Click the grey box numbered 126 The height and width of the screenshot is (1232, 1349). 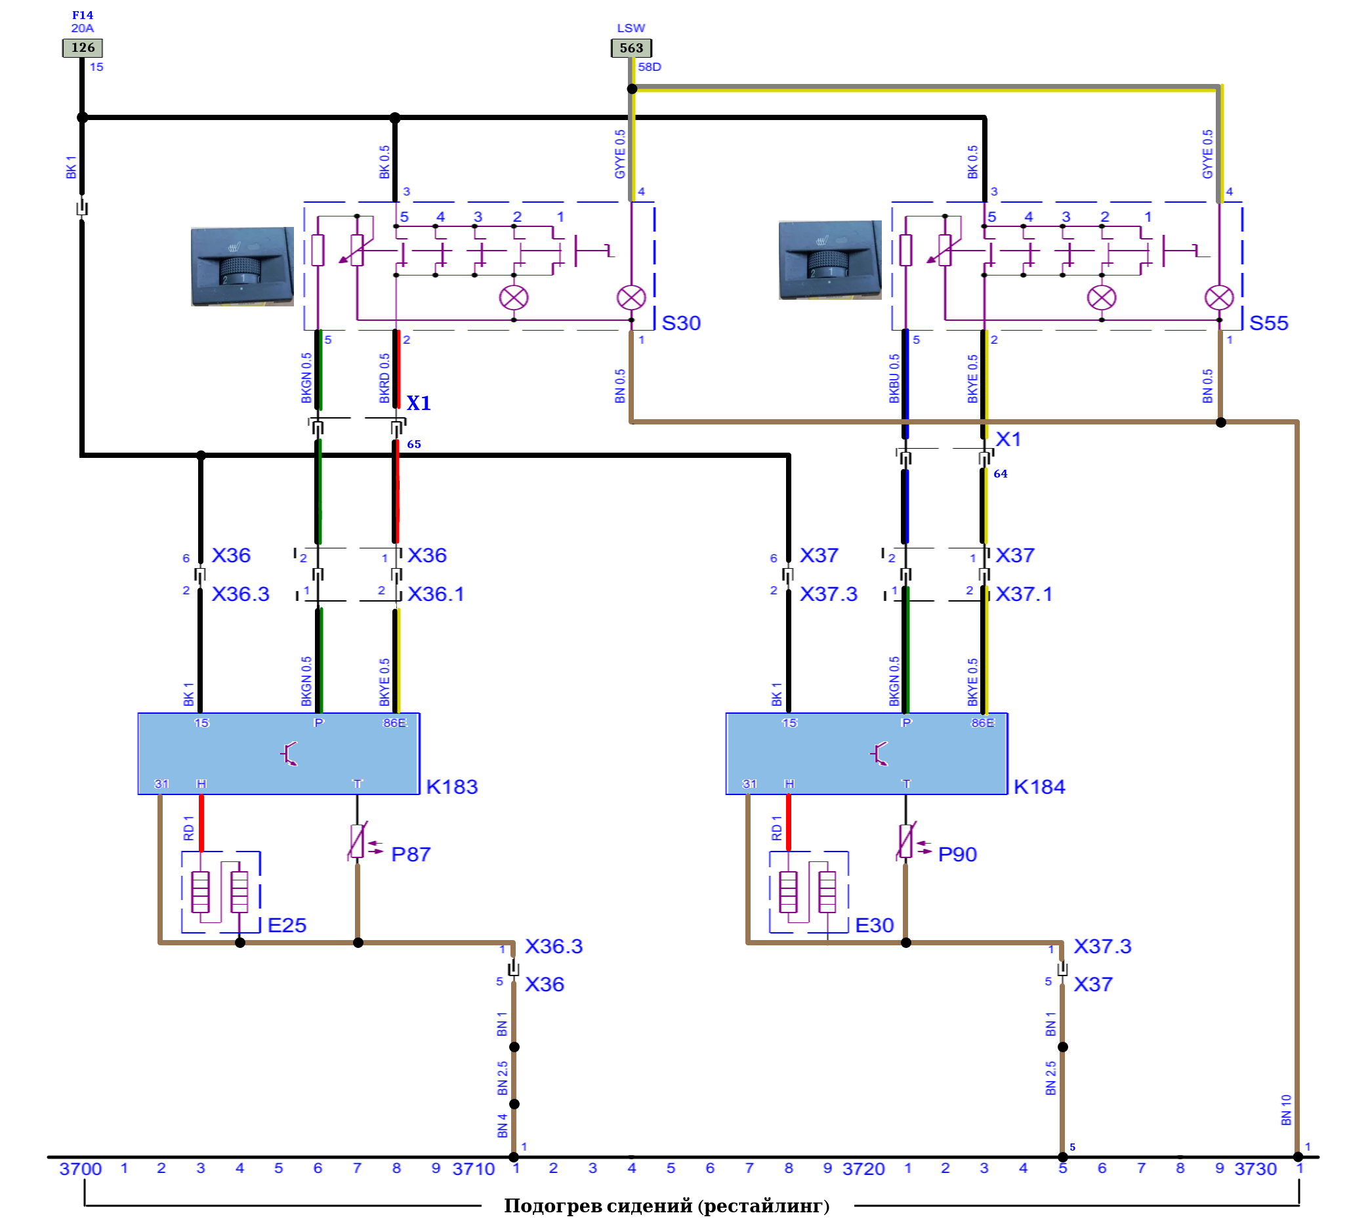pyautogui.click(x=82, y=47)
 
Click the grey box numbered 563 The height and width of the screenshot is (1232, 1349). pyautogui.click(x=631, y=48)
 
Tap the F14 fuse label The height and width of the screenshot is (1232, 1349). pyautogui.click(x=83, y=14)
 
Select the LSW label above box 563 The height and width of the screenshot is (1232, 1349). pyautogui.click(x=631, y=28)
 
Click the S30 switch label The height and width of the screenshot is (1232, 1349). pyautogui.click(x=681, y=323)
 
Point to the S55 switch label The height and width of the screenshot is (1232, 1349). pyautogui.click(x=1269, y=323)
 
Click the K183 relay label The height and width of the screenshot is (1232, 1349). pyautogui.click(x=451, y=787)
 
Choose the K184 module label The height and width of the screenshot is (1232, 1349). pyautogui.click(x=1039, y=787)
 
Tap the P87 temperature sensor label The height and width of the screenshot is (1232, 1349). pyautogui.click(x=411, y=855)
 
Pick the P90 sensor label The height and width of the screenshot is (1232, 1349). pyautogui.click(x=957, y=855)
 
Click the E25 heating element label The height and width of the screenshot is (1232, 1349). pyautogui.click(x=287, y=926)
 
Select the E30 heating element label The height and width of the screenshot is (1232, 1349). pyautogui.click(x=875, y=926)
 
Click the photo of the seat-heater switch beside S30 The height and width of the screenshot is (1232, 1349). pyautogui.click(x=242, y=266)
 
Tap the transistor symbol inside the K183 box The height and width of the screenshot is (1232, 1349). pyautogui.click(x=289, y=754)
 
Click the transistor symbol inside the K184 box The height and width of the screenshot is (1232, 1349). pyautogui.click(x=879, y=754)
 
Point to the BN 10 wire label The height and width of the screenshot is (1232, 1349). pyautogui.click(x=1285, y=1110)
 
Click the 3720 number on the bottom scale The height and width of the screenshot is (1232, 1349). pyautogui.click(x=863, y=1170)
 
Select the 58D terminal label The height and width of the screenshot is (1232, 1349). pyautogui.click(x=649, y=67)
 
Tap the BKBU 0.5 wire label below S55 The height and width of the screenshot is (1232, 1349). pyautogui.click(x=894, y=379)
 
